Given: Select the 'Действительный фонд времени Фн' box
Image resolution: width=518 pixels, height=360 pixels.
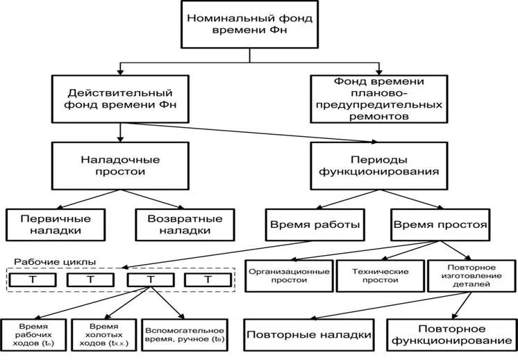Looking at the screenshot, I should click(x=119, y=99).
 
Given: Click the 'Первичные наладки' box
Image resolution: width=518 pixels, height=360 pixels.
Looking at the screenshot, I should click(x=56, y=224).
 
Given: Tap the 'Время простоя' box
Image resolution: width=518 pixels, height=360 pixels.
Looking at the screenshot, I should click(x=440, y=224).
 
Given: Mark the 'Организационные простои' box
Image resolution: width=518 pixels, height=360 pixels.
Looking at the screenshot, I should click(x=287, y=275).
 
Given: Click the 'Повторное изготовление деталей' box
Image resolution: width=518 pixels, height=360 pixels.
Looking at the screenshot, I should click(x=470, y=275).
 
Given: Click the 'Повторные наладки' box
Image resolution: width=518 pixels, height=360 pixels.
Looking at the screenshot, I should click(x=308, y=334).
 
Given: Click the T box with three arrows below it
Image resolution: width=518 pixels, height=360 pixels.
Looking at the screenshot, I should click(x=150, y=280).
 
